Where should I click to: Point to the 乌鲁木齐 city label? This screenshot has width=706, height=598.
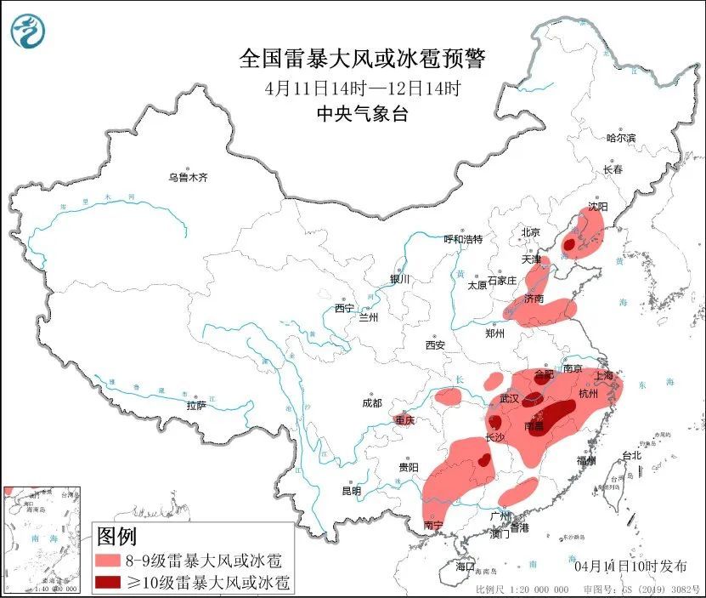[187, 177]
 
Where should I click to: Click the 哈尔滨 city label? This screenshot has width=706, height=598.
[621, 138]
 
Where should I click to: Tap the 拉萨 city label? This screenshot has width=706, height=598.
[196, 406]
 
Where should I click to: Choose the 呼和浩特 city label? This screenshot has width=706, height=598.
[463, 239]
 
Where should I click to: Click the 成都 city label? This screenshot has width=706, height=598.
[371, 402]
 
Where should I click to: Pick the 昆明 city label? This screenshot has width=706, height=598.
[351, 491]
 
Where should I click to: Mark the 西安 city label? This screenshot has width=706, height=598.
[435, 345]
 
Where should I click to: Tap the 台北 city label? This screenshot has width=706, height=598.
[632, 456]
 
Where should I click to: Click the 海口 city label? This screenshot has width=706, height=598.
[464, 566]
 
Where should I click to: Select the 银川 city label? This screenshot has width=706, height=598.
[399, 279]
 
